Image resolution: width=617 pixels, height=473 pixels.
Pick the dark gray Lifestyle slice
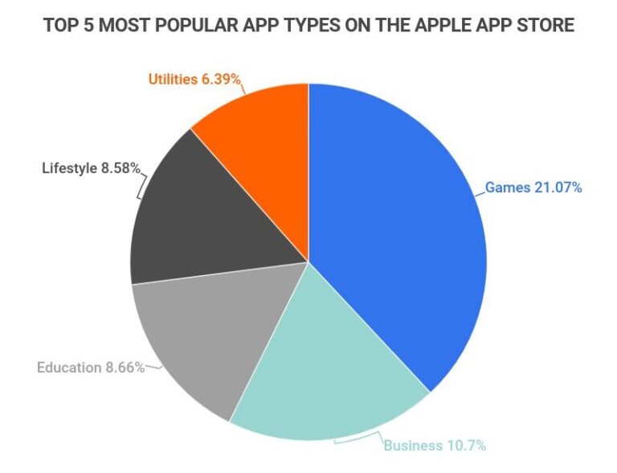point(205,217)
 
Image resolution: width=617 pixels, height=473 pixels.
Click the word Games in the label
point(507,187)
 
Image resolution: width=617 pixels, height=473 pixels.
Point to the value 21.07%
point(558,187)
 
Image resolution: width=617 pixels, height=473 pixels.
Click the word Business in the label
point(411,445)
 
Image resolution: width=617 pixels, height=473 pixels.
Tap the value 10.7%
point(465,445)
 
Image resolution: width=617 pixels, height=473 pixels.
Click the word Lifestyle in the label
point(69,168)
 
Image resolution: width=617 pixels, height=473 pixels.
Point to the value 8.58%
point(121,168)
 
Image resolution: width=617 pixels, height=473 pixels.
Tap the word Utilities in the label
point(174,79)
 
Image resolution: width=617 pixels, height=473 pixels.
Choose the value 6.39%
point(222,79)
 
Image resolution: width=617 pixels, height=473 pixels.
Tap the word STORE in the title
point(545,26)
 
